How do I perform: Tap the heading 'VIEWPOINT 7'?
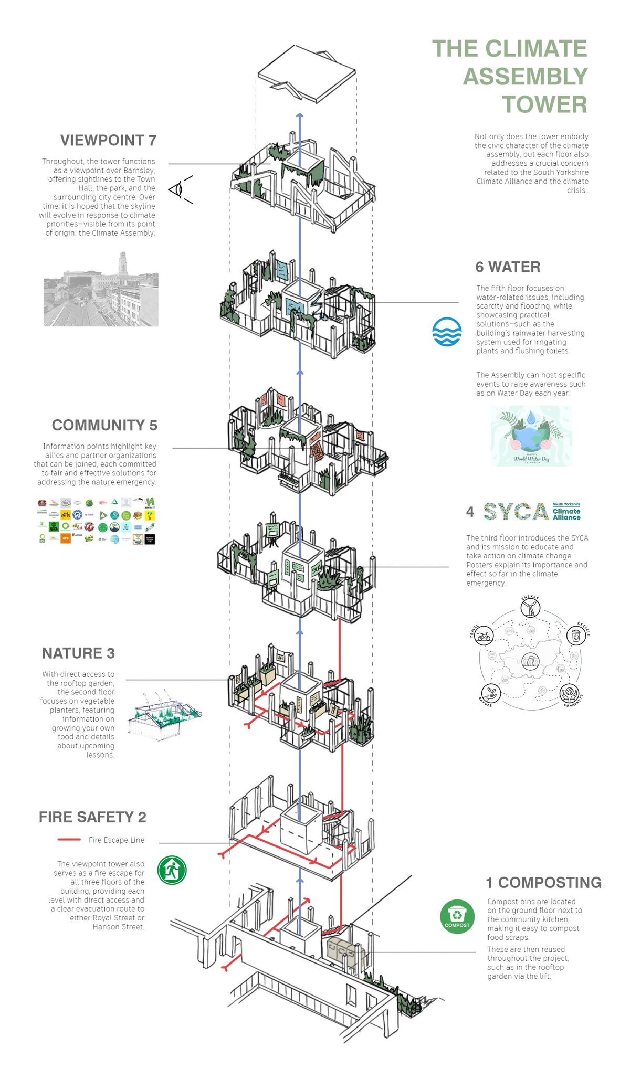pyautogui.click(x=108, y=141)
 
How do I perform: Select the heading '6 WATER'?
pyautogui.click(x=508, y=267)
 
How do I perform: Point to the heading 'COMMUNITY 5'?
pyautogui.click(x=104, y=425)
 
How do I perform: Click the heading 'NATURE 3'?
pyautogui.click(x=78, y=653)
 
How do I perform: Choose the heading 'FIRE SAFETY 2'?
pyautogui.click(x=92, y=817)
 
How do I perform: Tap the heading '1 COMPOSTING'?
pyautogui.click(x=543, y=883)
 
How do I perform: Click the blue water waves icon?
pyautogui.click(x=447, y=332)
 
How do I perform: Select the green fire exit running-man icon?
pyautogui.click(x=172, y=870)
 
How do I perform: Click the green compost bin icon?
pyautogui.click(x=457, y=917)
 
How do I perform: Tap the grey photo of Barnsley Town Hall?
pyautogui.click(x=101, y=290)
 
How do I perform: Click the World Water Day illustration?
pyautogui.click(x=531, y=436)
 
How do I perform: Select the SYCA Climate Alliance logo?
pyautogui.click(x=531, y=511)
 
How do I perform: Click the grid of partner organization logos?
pyautogui.click(x=97, y=521)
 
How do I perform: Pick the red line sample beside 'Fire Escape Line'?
pyautogui.click(x=69, y=840)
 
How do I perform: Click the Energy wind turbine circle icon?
pyautogui.click(x=530, y=608)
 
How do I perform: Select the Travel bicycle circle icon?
pyautogui.click(x=484, y=636)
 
